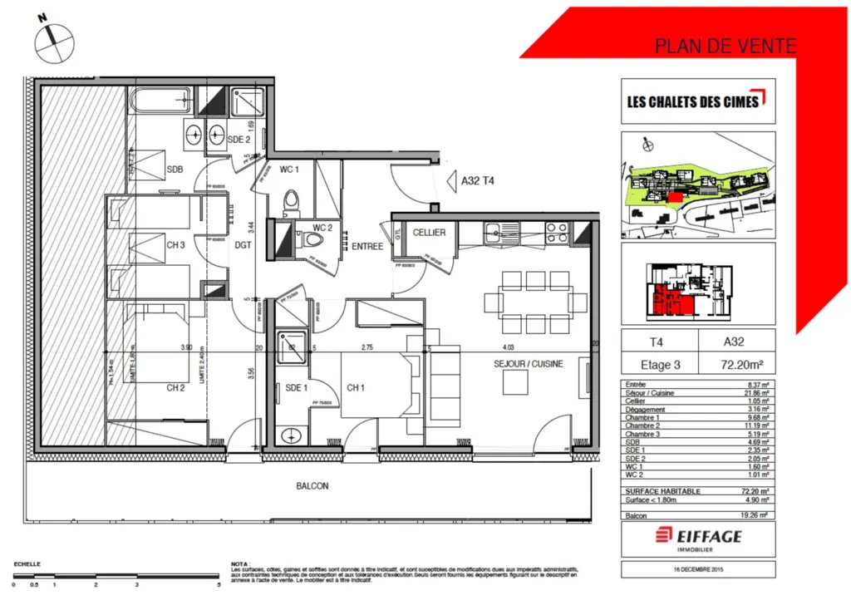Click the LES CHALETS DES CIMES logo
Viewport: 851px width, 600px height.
[x=697, y=101]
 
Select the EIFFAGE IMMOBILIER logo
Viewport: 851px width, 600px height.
[x=698, y=539]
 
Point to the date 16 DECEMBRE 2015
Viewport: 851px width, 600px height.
[x=698, y=569]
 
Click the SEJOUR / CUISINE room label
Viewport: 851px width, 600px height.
[x=528, y=363]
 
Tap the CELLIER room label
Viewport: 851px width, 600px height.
[x=430, y=232]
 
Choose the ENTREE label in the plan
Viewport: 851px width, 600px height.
[x=366, y=246]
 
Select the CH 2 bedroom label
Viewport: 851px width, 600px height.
[x=175, y=387]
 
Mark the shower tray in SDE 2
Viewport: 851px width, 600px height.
[x=247, y=104]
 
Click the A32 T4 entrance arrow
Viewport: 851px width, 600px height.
[x=453, y=180]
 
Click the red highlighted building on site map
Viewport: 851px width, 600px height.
[x=675, y=196]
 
